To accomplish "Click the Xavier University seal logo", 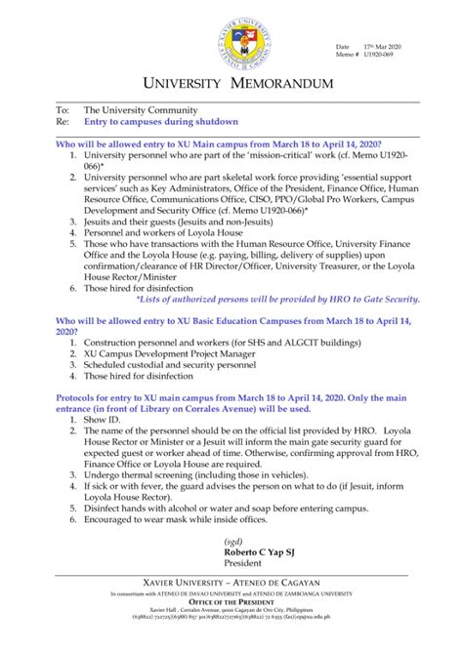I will [x=231, y=42].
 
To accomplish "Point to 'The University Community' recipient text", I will [x=141, y=110].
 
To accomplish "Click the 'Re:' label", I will [x=63, y=122].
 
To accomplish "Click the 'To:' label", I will [x=63, y=110].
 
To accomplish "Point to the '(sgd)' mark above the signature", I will [x=233, y=542].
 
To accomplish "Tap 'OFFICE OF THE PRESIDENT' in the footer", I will [x=231, y=602].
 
